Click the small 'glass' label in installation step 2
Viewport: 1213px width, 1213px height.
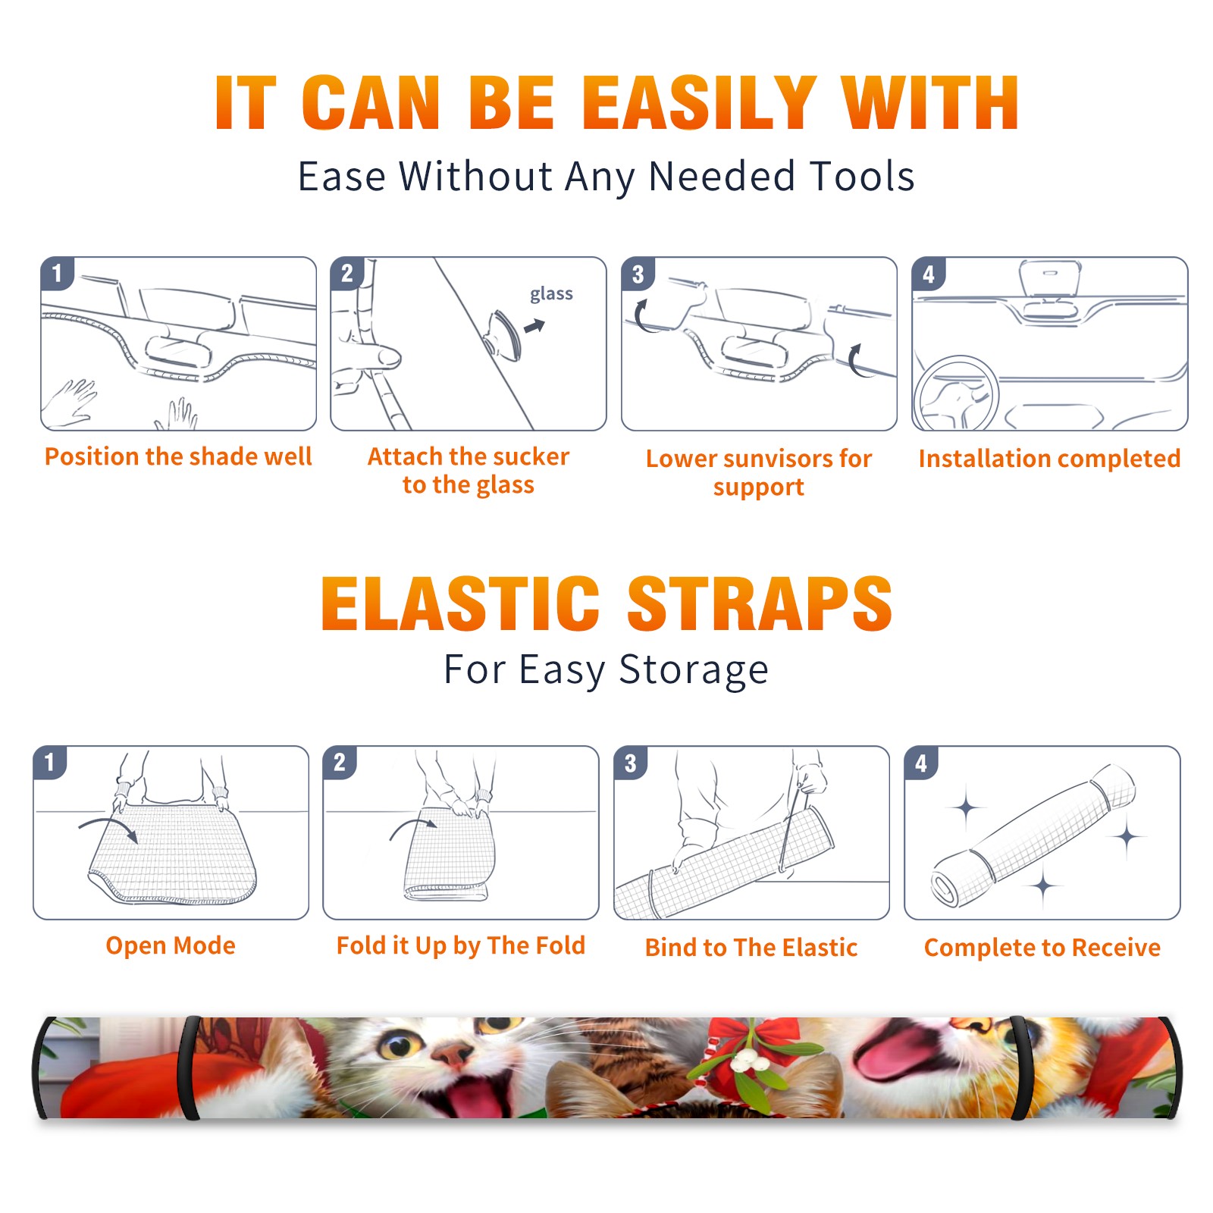click(x=551, y=294)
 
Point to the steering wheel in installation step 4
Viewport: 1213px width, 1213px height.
click(x=955, y=393)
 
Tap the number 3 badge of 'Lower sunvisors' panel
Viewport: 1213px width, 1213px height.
click(x=638, y=274)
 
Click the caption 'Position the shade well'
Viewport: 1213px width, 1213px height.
click(x=178, y=456)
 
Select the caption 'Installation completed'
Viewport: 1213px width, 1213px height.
click(x=1049, y=459)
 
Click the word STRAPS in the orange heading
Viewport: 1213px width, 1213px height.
click(x=760, y=603)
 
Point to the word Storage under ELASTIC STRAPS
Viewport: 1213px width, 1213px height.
click(x=694, y=670)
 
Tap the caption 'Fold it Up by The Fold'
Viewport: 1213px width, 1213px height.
click(x=461, y=946)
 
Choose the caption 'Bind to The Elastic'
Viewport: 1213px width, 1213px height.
click(x=751, y=948)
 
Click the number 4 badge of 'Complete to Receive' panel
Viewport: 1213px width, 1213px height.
click(x=921, y=763)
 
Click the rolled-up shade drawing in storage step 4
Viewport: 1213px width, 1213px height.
click(x=1033, y=835)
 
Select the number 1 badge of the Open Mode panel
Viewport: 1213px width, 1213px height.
click(x=50, y=763)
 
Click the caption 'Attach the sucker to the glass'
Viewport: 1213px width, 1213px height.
click(x=469, y=470)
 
